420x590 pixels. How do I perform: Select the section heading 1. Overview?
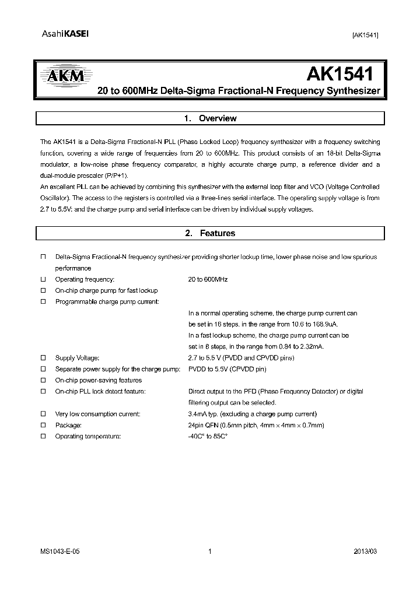click(x=210, y=118)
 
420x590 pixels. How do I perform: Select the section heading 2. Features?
click(x=210, y=233)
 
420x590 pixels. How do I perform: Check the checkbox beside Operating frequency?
click(x=43, y=279)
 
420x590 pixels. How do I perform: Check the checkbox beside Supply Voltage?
click(x=43, y=358)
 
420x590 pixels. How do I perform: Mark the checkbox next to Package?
click(x=43, y=426)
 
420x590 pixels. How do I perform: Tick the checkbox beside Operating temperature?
click(x=43, y=437)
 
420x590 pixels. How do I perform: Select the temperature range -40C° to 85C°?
click(x=208, y=437)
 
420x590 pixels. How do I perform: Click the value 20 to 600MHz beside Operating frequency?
click(x=208, y=279)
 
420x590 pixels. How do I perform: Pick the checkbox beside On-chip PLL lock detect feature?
click(x=43, y=392)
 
